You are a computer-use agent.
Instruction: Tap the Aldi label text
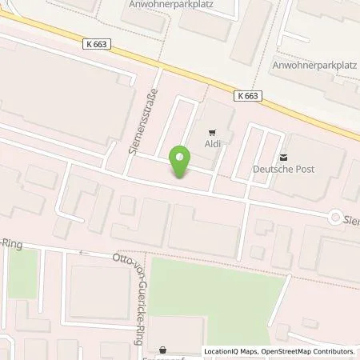pyautogui.click(x=212, y=145)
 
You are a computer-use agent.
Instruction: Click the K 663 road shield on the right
pyautogui.click(x=248, y=94)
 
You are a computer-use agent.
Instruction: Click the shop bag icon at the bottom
pyautogui.click(x=164, y=350)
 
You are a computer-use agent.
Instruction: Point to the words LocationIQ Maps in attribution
pyautogui.click(x=230, y=352)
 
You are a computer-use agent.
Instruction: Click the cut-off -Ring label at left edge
pyautogui.click(x=10, y=242)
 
